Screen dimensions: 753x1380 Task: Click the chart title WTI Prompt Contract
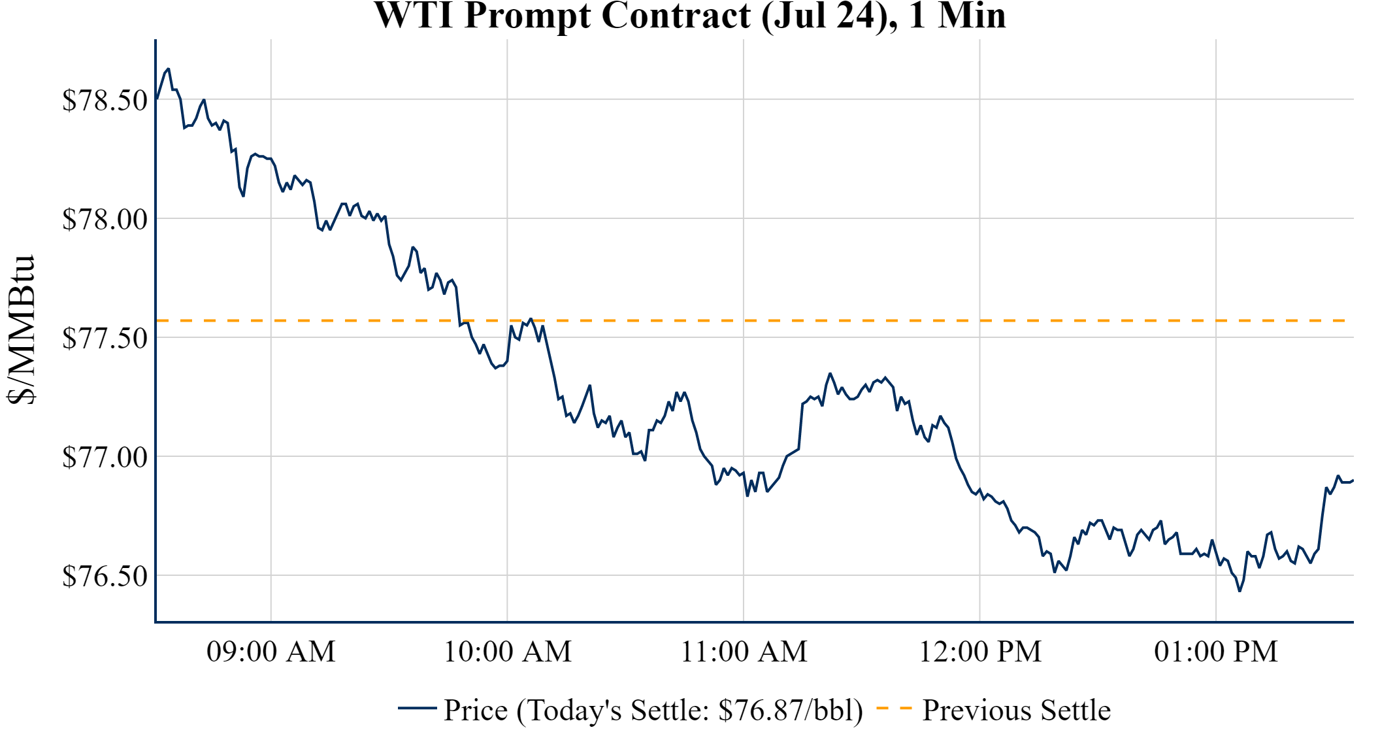tap(689, 16)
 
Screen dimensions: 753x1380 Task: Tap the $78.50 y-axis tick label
tap(105, 101)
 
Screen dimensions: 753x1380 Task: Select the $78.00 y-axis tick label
tap(105, 220)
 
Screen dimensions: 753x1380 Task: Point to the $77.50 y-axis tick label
tap(105, 339)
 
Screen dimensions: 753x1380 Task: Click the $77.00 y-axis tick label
tap(105, 458)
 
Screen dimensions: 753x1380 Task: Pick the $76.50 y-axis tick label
tap(105, 577)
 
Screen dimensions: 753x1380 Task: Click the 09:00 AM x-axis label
tap(271, 652)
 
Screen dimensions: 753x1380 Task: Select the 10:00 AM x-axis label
tap(508, 652)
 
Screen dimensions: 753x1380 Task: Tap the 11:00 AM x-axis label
tap(744, 652)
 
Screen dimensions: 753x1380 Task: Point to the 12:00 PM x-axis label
tap(980, 652)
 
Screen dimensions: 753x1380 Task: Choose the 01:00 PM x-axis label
tap(1216, 652)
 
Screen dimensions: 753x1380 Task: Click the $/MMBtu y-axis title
tap(21, 330)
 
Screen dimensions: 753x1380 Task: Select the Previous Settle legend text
tap(1016, 711)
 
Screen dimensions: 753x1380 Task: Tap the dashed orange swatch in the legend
tap(893, 709)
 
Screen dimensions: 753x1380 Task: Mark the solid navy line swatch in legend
tap(417, 709)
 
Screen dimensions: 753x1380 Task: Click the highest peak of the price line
tap(169, 69)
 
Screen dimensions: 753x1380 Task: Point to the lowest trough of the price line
tap(1240, 591)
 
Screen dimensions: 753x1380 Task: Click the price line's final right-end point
tap(1353, 480)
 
